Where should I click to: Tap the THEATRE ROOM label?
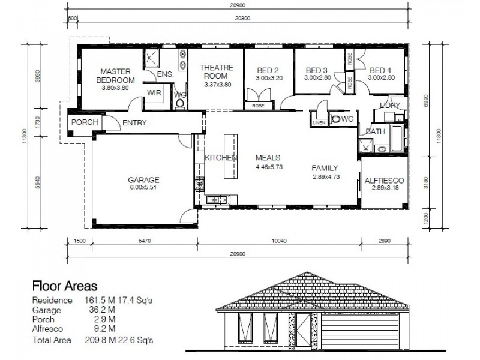pyautogui.click(x=215, y=72)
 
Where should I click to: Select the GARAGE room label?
pyautogui.click(x=143, y=179)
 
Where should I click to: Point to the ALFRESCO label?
pyautogui.click(x=383, y=180)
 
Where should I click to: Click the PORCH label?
pyautogui.click(x=85, y=123)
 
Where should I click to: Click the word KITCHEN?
pyautogui.click(x=221, y=158)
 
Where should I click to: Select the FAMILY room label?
pyautogui.click(x=325, y=168)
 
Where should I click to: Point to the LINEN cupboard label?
pyautogui.click(x=319, y=123)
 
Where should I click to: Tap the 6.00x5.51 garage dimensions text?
pyautogui.click(x=143, y=188)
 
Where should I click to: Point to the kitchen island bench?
pyautogui.click(x=229, y=156)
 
